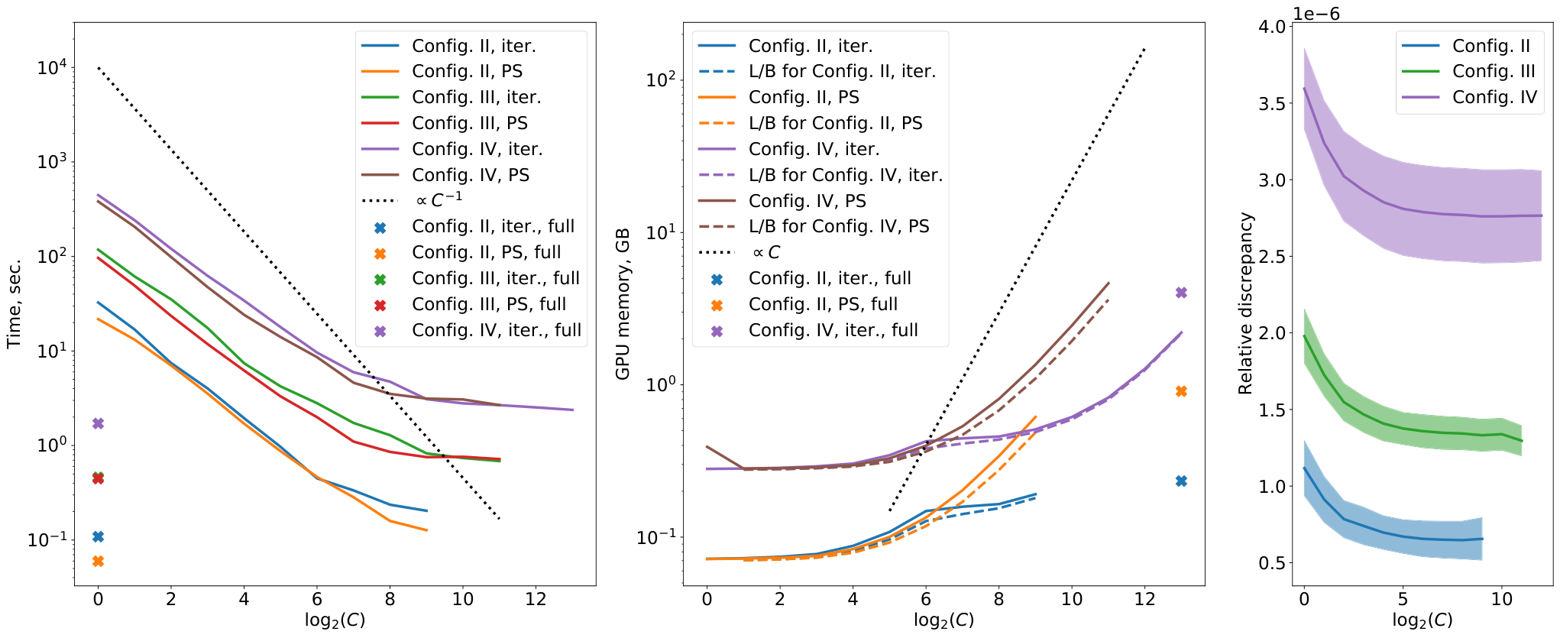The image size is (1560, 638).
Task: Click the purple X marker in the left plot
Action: pyautogui.click(x=98, y=423)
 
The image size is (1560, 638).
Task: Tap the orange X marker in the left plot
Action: pyautogui.click(x=98, y=562)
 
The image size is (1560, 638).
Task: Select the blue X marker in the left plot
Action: pyautogui.click(x=98, y=536)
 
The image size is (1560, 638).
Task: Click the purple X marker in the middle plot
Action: pyautogui.click(x=1181, y=293)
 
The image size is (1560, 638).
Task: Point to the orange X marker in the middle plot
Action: pyautogui.click(x=1181, y=391)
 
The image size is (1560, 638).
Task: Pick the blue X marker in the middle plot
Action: pyautogui.click(x=1181, y=481)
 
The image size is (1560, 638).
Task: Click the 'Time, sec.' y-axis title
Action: pyautogui.click(x=15, y=304)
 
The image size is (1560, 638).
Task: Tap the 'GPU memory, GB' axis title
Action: pyautogui.click(x=623, y=303)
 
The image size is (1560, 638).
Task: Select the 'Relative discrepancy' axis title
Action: pyautogui.click(x=1245, y=303)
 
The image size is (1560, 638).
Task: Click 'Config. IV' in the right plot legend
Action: pyautogui.click(x=1494, y=97)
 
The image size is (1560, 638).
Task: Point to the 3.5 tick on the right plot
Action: pyautogui.click(x=1270, y=103)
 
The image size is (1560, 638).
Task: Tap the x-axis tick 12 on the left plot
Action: pyautogui.click(x=536, y=599)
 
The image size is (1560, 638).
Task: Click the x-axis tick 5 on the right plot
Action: pyautogui.click(x=1403, y=599)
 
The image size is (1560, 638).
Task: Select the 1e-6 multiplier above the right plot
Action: pyautogui.click(x=1316, y=14)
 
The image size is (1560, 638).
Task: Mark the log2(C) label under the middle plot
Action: pyautogui.click(x=944, y=620)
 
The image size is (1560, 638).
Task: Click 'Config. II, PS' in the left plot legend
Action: pyautogui.click(x=468, y=71)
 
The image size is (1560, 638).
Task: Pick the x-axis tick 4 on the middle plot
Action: pyautogui.click(x=853, y=599)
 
